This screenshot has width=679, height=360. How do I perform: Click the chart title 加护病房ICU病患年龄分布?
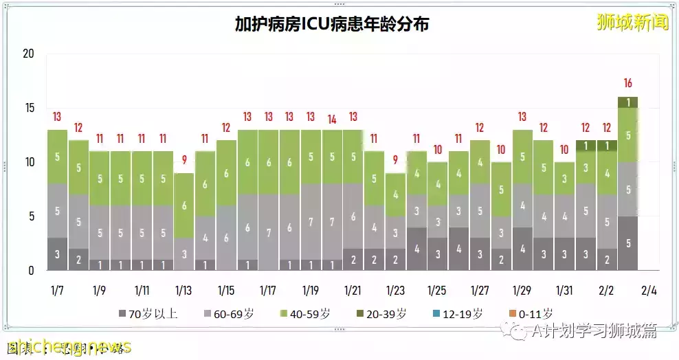(x=332, y=25)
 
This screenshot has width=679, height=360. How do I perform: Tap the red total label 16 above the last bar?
(x=627, y=83)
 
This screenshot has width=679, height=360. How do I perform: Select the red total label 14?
(x=332, y=119)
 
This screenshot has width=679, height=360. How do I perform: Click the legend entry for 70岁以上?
(x=148, y=314)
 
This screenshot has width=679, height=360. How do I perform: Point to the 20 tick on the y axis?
(x=28, y=54)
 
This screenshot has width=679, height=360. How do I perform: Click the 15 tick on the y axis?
(x=28, y=109)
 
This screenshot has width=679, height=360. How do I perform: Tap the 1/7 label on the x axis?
(x=57, y=290)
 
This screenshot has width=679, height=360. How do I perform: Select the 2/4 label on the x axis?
(x=648, y=290)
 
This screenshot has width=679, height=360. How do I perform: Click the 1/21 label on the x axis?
(x=353, y=290)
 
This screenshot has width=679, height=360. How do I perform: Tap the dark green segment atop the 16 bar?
(x=627, y=102)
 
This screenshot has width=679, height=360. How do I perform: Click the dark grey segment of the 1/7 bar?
(x=57, y=254)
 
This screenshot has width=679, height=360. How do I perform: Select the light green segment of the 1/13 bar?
(x=183, y=205)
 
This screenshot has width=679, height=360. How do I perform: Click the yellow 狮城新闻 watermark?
(x=632, y=22)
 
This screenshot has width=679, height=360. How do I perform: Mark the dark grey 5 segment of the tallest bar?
(x=627, y=243)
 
